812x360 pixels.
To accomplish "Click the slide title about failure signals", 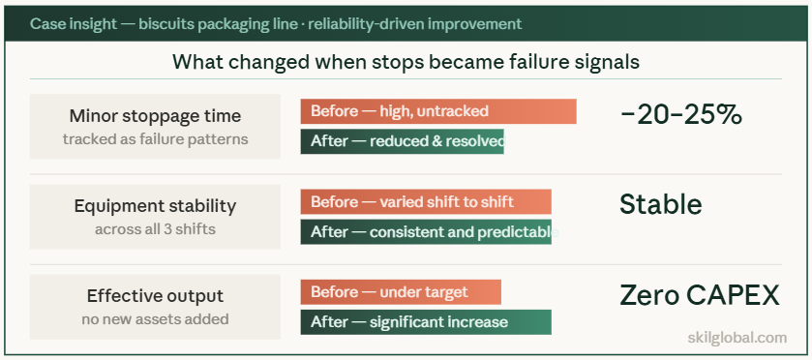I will click(406, 62).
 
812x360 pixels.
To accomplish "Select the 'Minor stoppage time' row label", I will click(155, 117).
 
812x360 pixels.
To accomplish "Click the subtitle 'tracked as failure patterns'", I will click(155, 138).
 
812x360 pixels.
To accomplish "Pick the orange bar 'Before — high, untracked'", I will click(437, 111).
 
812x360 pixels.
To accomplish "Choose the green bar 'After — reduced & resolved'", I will click(402, 141).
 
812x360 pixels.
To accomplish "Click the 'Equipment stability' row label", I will click(155, 206).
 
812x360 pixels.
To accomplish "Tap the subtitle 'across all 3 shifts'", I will click(155, 229).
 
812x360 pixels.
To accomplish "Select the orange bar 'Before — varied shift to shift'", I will click(425, 201).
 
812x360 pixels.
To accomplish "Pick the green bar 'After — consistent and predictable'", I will click(425, 232).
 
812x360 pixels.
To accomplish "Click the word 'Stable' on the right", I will click(660, 204).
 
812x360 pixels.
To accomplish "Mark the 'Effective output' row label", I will click(155, 296).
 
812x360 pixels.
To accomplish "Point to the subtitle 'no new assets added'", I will click(155, 318).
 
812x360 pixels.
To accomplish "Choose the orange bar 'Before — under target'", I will click(400, 292).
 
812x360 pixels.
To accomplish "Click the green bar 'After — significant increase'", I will click(425, 322).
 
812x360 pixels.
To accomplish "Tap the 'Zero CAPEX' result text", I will click(699, 294).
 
